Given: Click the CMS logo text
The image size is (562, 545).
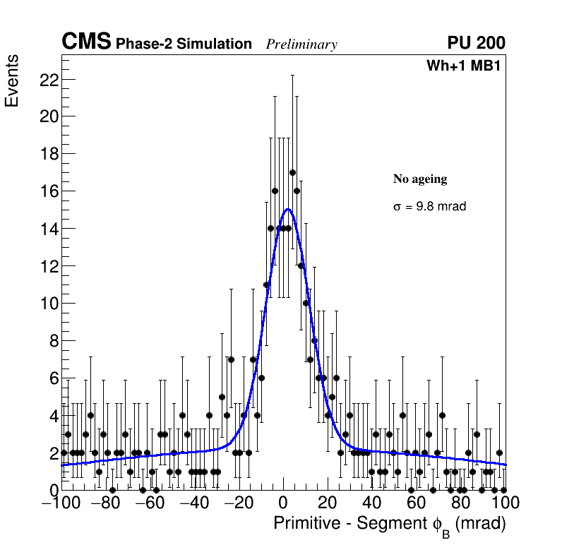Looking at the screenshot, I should pyautogui.click(x=86, y=42).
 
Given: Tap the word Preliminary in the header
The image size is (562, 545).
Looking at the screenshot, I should pyautogui.click(x=301, y=44).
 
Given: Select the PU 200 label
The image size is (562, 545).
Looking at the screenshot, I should pyautogui.click(x=476, y=43).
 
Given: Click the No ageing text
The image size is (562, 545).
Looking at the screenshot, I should pyautogui.click(x=420, y=179).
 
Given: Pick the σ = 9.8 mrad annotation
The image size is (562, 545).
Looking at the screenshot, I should pyautogui.click(x=429, y=207).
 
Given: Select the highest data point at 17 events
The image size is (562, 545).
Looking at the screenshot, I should pyautogui.click(x=292, y=172).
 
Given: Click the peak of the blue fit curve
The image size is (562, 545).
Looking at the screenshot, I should pyautogui.click(x=287, y=209).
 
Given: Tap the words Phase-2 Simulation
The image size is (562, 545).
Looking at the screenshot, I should pyautogui.click(x=184, y=44).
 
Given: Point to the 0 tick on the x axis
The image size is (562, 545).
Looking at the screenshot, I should pyautogui.click(x=283, y=503).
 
